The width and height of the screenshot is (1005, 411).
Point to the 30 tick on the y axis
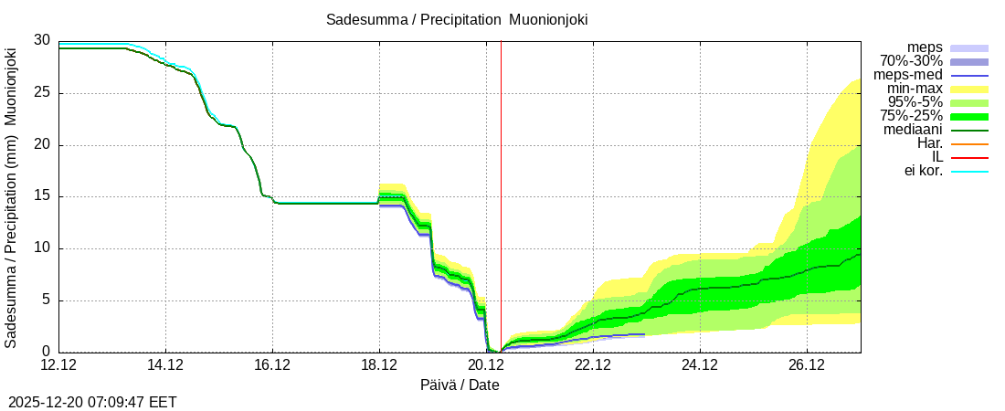tap(42, 40)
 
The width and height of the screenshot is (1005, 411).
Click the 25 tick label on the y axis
tap(42, 92)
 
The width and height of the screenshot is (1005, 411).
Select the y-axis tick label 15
tap(42, 196)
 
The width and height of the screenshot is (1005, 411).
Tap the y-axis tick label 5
tap(46, 300)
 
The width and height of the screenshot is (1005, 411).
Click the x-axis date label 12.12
tap(58, 366)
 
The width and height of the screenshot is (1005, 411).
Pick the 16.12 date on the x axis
tap(272, 366)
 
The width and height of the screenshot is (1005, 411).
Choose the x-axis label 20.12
tap(486, 366)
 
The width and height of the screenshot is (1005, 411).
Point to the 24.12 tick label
tap(700, 366)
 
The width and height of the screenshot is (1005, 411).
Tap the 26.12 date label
tap(807, 366)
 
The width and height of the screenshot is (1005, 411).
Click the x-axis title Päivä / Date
tap(460, 385)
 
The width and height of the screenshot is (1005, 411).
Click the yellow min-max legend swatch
tap(969, 89)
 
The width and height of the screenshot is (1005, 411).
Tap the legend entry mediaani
tap(913, 130)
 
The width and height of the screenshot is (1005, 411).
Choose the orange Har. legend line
tap(969, 143)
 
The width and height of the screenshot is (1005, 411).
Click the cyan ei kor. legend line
tap(969, 171)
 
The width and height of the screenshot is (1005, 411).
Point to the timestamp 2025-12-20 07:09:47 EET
tap(92, 402)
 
